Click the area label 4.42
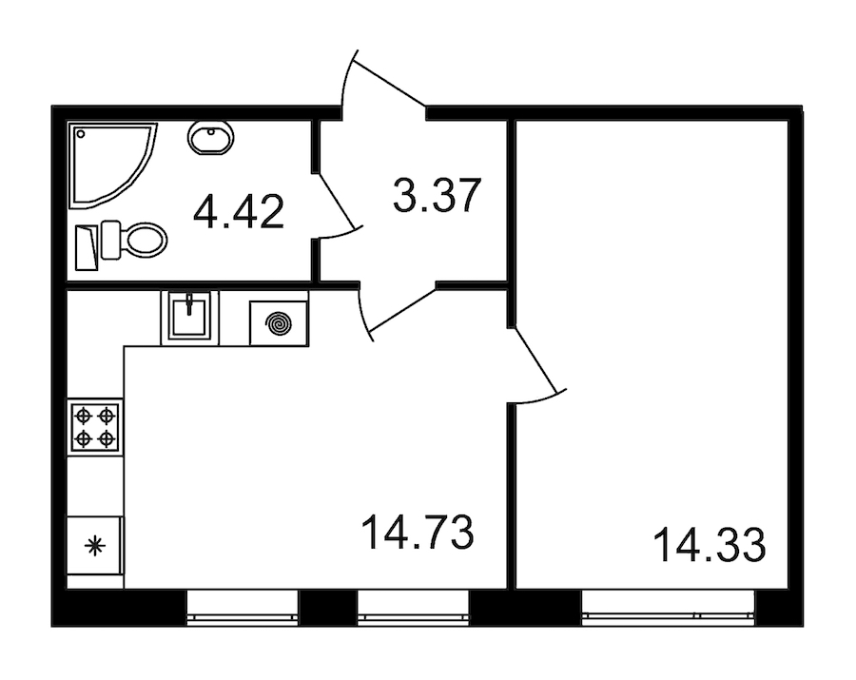pos(238,211)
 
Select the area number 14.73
pos(418,533)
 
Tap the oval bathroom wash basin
pos(208,139)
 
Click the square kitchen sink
pos(189,317)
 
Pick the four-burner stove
pos(95,427)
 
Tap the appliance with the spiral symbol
pos(279,322)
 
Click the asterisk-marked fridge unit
pos(94,546)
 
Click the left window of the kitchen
pos(243,607)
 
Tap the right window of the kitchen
pos(414,607)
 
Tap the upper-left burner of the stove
pos(84,416)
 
